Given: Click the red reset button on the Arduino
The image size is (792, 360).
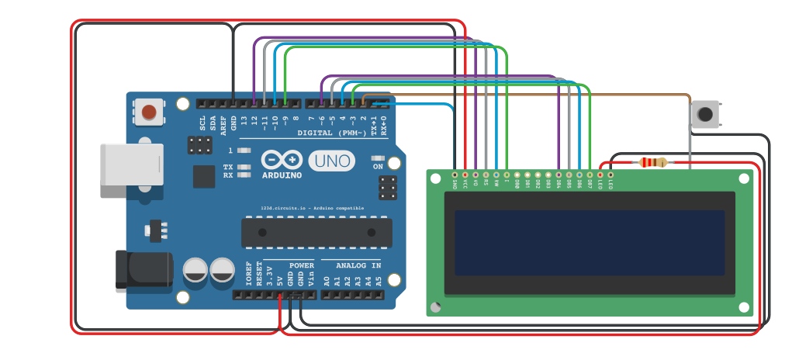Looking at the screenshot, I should point(148,112).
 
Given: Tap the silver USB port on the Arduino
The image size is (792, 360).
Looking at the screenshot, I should point(131,164).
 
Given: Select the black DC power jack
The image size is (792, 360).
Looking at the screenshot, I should point(143,269).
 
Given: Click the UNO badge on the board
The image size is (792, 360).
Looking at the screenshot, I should point(331,161).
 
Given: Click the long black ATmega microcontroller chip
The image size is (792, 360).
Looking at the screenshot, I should point(316,232).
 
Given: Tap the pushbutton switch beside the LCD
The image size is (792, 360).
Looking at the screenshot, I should point(704,115).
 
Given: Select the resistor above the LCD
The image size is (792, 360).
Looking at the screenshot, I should point(652,162).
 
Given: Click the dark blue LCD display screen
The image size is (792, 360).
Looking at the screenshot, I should point(589,243).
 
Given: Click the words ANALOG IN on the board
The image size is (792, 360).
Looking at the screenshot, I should point(351,265).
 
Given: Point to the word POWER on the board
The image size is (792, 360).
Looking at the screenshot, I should point(301,265).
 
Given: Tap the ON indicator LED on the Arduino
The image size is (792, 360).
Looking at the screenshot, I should point(378,157).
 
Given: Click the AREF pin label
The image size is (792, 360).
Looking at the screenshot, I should point(223,123).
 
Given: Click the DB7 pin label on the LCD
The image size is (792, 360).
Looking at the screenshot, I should point(590,185).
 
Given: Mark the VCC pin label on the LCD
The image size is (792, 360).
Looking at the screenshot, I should point(465,185).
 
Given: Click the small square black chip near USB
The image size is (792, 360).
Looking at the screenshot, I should point(204,176).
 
